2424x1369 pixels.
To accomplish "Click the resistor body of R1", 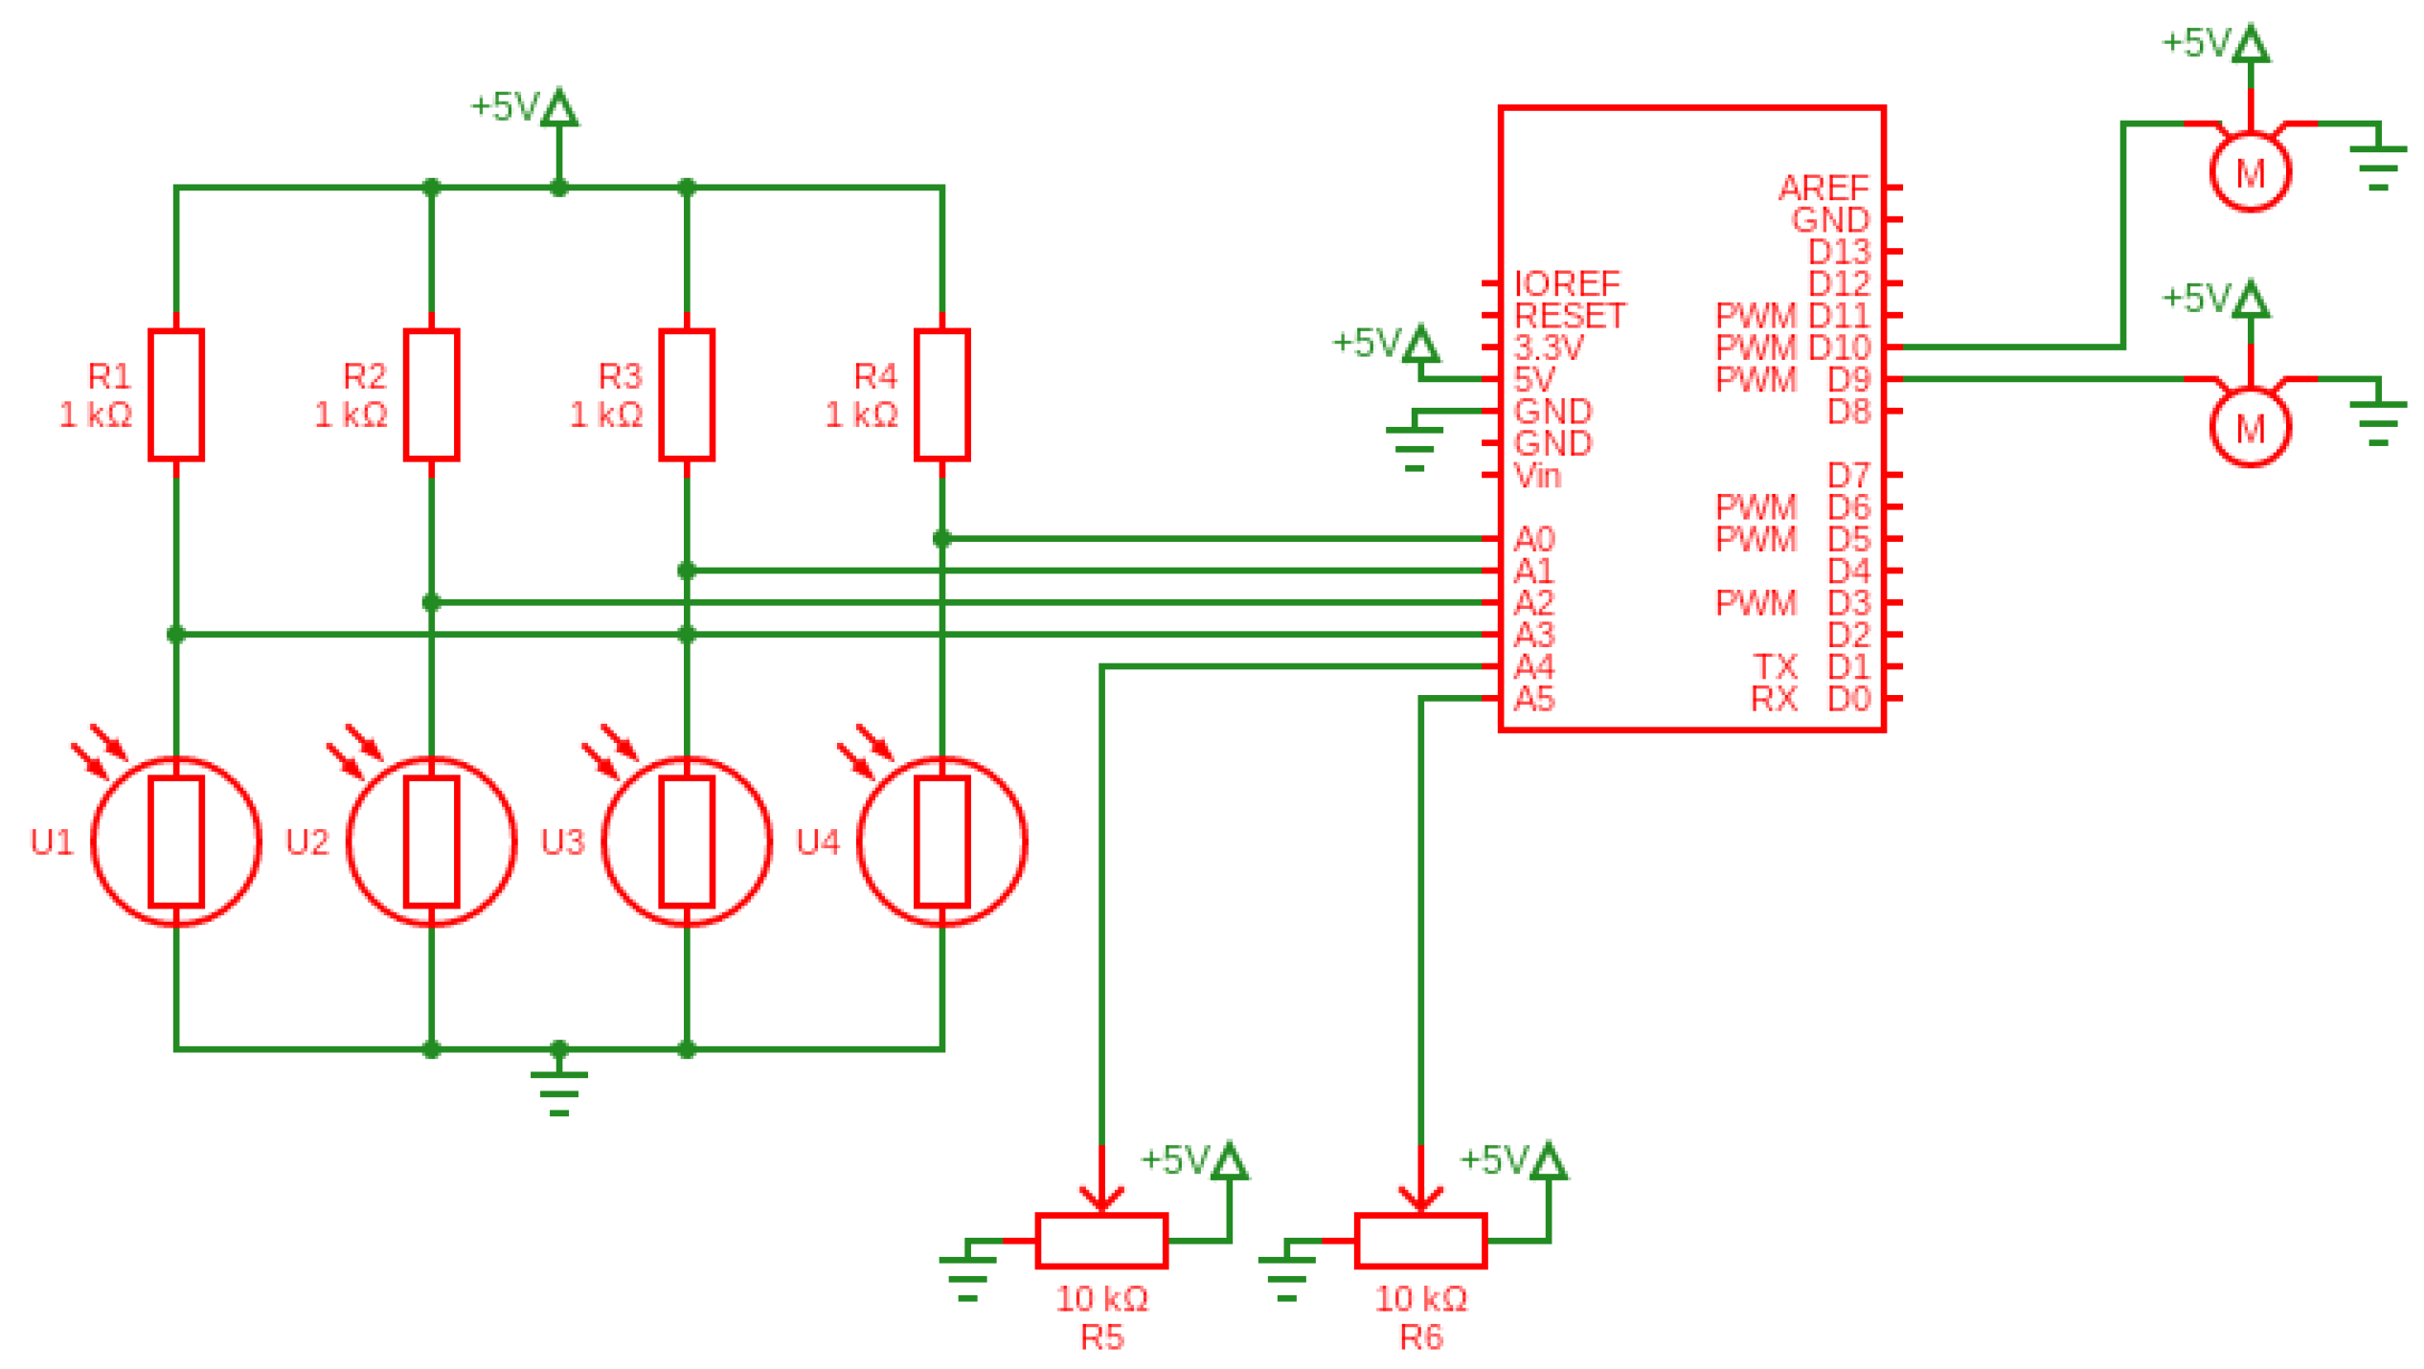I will [176, 394].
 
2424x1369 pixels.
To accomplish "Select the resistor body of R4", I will [941, 394].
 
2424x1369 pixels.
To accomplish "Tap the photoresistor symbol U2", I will [431, 841].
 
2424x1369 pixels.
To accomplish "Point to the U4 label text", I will [817, 842].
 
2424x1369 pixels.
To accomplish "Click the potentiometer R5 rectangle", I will [1100, 1240].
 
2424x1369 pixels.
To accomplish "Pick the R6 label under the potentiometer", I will [1420, 1336].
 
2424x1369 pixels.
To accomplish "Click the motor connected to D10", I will [2249, 172].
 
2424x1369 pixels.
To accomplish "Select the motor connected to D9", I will [2249, 428].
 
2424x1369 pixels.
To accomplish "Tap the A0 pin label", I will [1532, 539].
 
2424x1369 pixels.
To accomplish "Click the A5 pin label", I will [1532, 699].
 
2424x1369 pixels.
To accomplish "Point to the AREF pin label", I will [1823, 188].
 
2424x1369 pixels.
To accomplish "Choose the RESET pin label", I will [1569, 315].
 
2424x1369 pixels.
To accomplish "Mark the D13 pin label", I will [1838, 252].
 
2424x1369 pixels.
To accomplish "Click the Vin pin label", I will [1536, 475].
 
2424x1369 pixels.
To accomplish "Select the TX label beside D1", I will [1774, 666].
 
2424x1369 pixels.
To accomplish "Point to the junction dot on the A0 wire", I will [941, 539].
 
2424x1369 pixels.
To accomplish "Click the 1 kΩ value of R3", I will [605, 415].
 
